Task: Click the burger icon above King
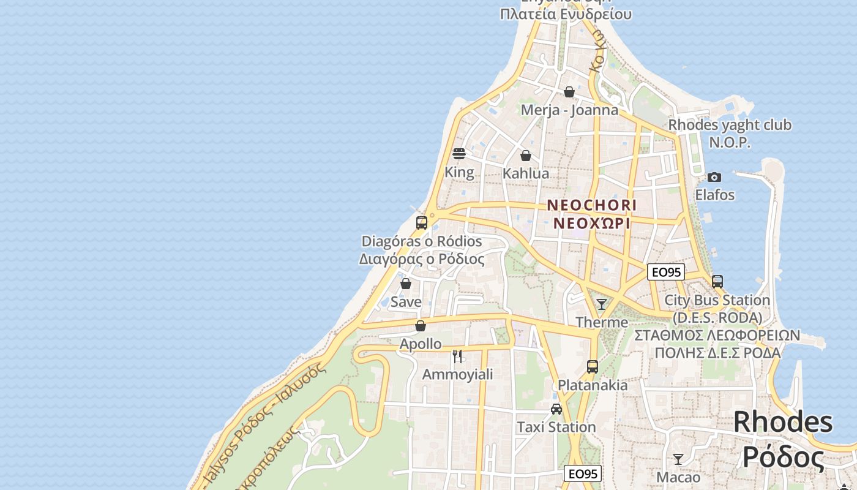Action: [x=459, y=153]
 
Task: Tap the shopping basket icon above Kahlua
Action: [x=525, y=156]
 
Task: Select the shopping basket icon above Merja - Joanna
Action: [x=569, y=92]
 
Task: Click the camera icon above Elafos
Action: [x=714, y=177]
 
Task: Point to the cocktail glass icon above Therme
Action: [x=602, y=304]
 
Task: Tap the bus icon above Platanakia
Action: [x=592, y=367]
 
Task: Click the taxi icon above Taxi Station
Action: [x=556, y=409]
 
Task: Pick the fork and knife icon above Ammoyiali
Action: [x=457, y=356]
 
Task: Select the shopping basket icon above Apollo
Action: [x=420, y=326]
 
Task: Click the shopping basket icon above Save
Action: [x=405, y=284]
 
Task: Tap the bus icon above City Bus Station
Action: [x=717, y=282]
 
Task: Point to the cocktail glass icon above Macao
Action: [x=678, y=459]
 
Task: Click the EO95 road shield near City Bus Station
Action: [x=665, y=272]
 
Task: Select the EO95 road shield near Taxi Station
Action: [x=582, y=473]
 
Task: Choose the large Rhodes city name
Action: [x=783, y=439]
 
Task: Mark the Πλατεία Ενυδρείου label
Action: [x=565, y=13]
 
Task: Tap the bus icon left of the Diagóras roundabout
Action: [x=421, y=222]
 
